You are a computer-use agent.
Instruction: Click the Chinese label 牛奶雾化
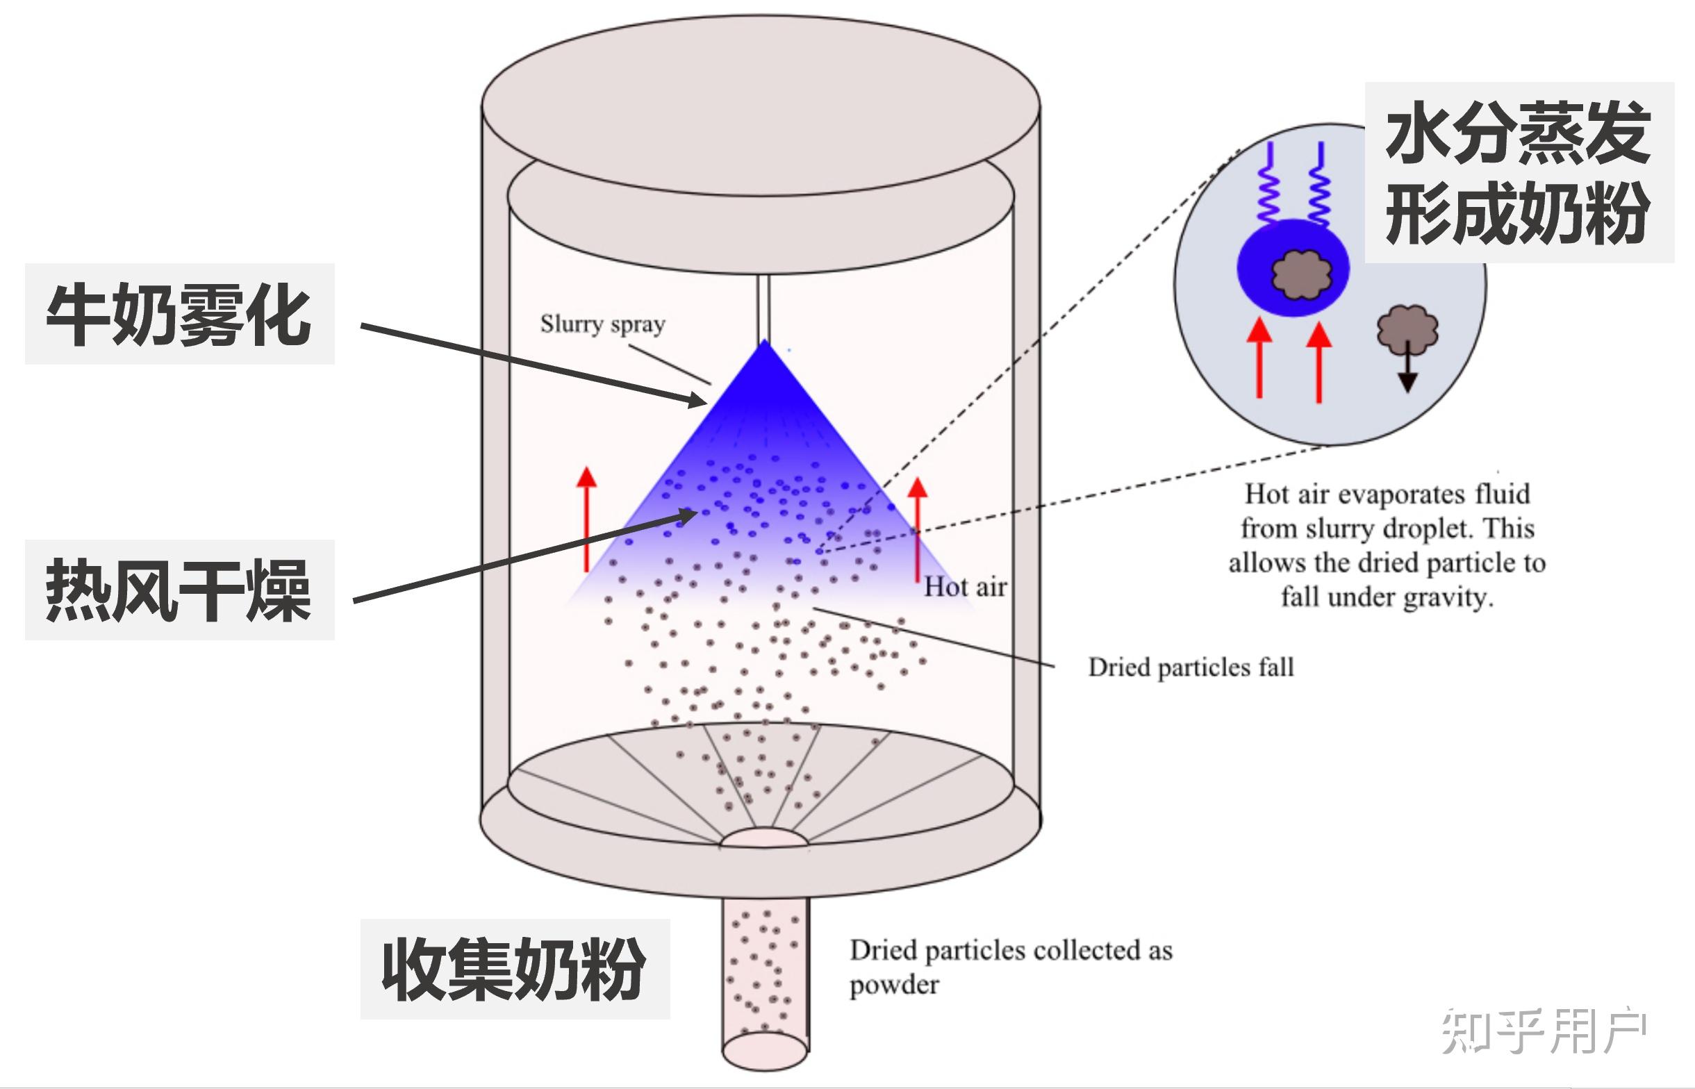click(179, 314)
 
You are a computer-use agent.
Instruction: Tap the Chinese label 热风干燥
click(179, 590)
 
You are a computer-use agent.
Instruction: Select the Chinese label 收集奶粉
click(514, 969)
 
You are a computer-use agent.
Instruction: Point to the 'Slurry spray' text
click(602, 324)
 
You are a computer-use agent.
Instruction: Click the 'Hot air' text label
click(965, 587)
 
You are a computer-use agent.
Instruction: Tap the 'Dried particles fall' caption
click(1191, 667)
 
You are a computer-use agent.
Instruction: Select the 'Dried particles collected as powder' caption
click(1011, 966)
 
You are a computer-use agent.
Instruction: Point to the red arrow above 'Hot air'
click(917, 527)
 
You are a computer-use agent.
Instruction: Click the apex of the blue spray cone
click(764, 344)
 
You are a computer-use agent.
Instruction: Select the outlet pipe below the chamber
click(765, 983)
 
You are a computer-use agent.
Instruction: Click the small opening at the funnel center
click(764, 838)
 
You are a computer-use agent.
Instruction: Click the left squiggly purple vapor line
click(1270, 184)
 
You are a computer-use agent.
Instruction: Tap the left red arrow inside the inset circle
click(1259, 357)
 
